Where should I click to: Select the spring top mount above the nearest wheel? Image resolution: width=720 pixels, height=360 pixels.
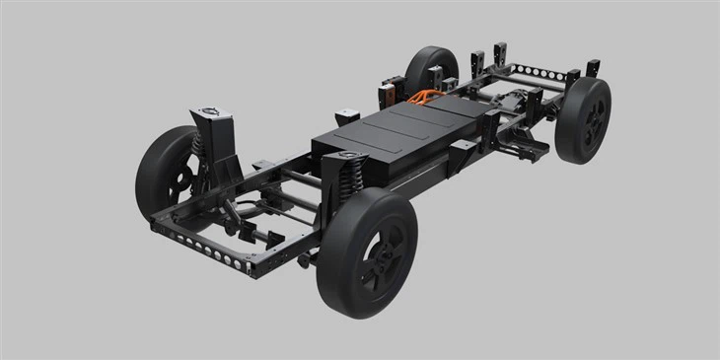click(348, 156)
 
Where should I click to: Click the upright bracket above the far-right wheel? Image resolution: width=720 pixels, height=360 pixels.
click(592, 68)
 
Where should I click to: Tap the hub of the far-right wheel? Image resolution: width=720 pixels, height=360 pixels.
click(592, 122)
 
